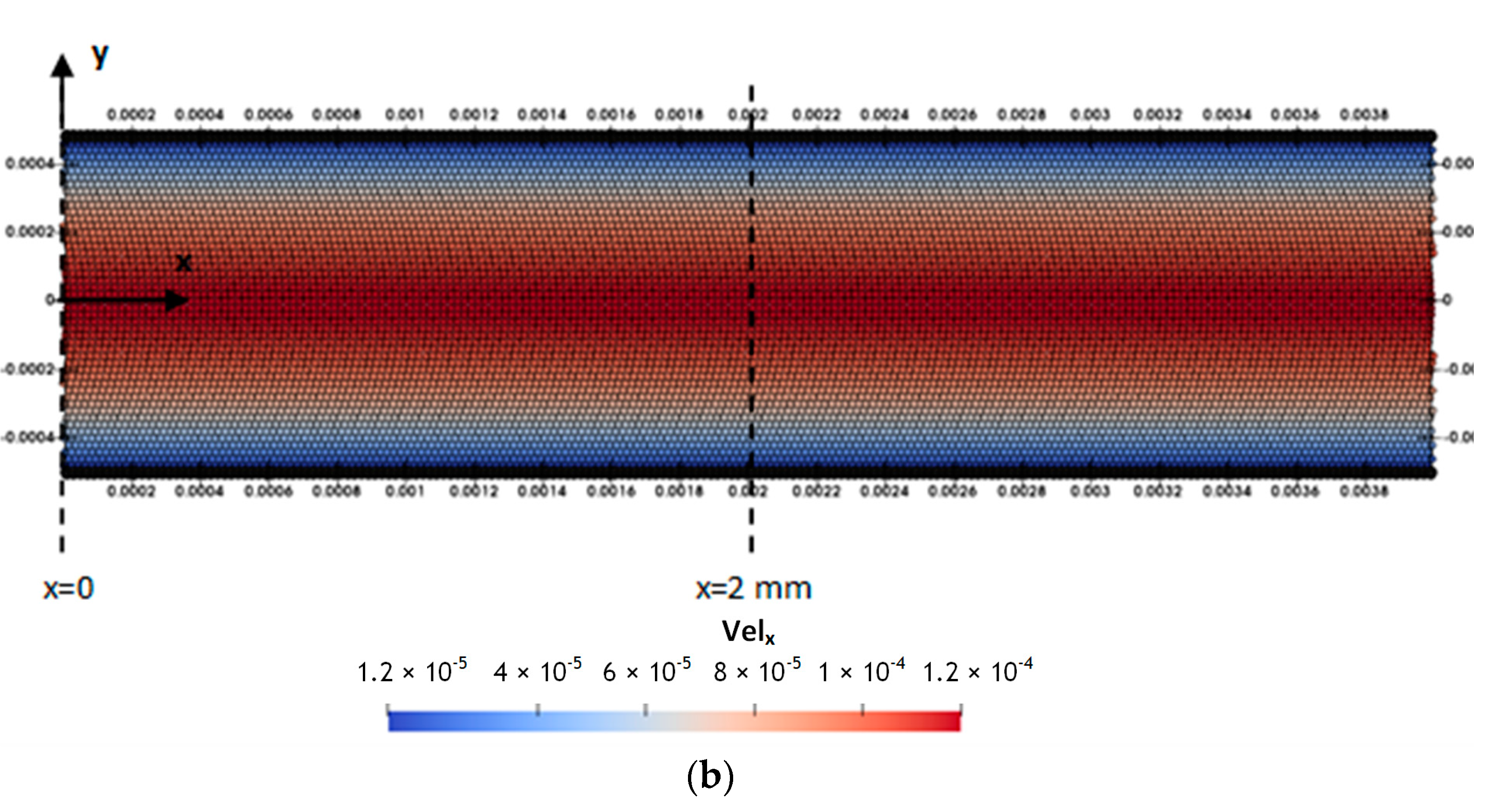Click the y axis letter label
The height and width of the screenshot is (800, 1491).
(100, 57)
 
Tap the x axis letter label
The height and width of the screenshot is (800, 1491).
(184, 263)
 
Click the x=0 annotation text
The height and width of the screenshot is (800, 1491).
(68, 588)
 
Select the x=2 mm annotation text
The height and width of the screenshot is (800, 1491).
(753, 588)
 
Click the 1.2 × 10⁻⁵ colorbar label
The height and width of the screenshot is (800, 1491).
(412, 671)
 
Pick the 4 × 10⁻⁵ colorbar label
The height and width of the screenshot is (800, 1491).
(537, 671)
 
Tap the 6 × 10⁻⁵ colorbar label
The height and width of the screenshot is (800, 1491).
(647, 671)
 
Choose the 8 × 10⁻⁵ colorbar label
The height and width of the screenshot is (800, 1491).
(756, 671)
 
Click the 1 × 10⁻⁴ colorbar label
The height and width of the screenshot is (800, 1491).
(861, 671)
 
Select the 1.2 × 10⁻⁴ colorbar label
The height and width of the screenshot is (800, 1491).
(977, 671)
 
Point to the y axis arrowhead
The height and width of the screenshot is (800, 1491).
(62, 65)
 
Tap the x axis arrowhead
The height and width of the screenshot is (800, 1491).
(177, 299)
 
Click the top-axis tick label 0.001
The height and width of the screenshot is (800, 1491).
(405, 115)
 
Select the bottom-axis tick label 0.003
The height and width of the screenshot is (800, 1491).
(1089, 491)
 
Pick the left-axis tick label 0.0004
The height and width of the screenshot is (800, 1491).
(29, 164)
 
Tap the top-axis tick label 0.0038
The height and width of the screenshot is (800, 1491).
(1364, 115)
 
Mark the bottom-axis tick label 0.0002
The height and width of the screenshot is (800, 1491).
(131, 491)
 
